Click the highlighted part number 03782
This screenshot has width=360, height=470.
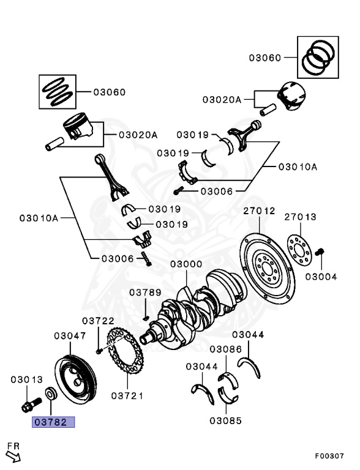53,422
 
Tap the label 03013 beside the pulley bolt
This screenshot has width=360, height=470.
26,380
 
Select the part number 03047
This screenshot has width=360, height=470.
69,336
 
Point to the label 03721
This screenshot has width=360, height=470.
127,396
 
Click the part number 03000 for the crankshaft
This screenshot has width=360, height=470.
186,265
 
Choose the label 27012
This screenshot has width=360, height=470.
259,211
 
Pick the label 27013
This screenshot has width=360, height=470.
301,217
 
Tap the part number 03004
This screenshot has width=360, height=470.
321,277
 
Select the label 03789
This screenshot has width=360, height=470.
144,293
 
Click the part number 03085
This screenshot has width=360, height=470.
225,420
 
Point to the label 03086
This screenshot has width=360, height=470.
225,349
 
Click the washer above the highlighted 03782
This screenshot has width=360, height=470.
50,392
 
